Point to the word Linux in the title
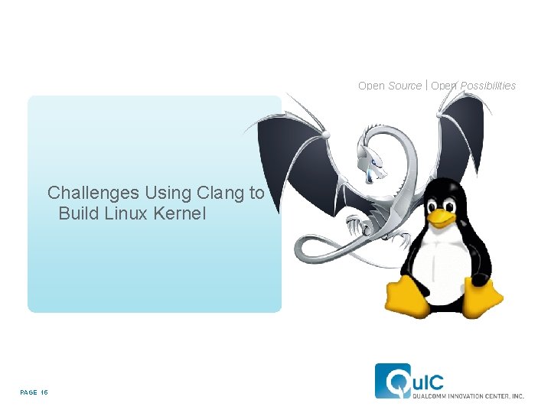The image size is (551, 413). tap(126, 213)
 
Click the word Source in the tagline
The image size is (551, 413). tap(405, 86)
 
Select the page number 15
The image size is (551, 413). tap(44, 392)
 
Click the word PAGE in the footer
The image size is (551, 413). tap(28, 392)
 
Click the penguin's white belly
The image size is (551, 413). tap(439, 260)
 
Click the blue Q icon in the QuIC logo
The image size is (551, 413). tap(391, 380)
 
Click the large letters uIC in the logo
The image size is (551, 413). tap(426, 379)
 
